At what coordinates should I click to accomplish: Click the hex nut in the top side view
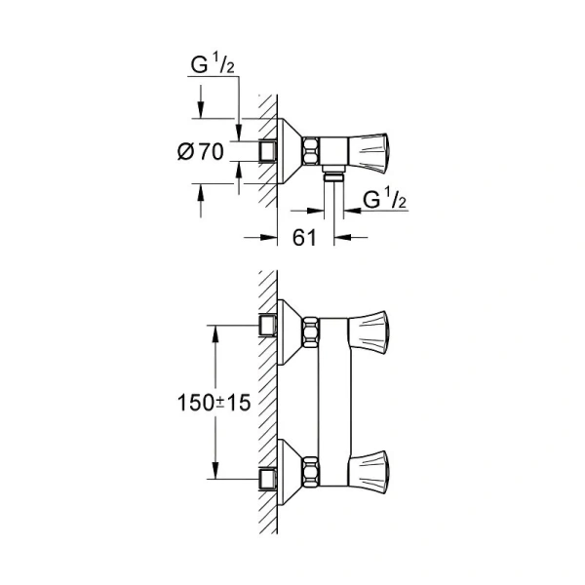point(311,150)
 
